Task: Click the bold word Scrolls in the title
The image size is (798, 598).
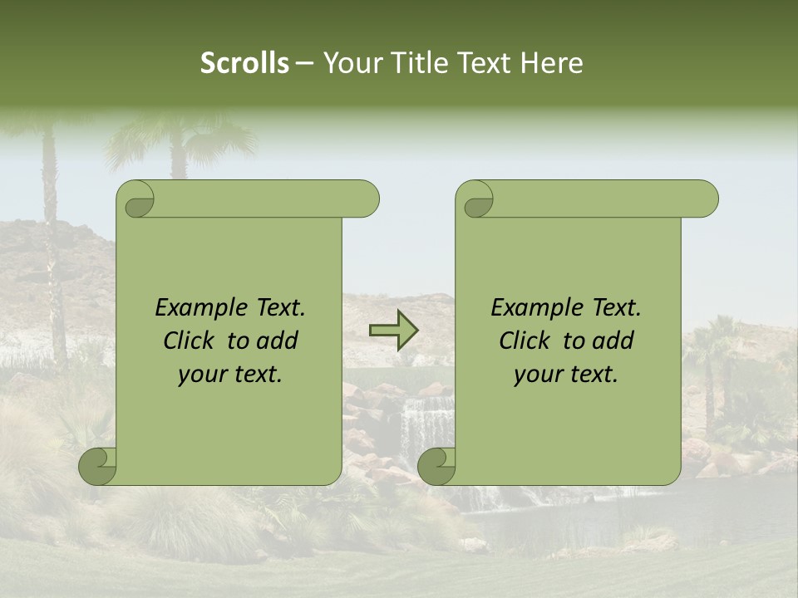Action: [x=244, y=63]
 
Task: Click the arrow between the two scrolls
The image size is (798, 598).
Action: [x=394, y=331]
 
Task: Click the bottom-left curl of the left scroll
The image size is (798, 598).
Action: [x=97, y=466]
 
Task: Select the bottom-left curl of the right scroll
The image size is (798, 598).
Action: [x=436, y=466]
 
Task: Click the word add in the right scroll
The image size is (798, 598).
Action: [x=615, y=341]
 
